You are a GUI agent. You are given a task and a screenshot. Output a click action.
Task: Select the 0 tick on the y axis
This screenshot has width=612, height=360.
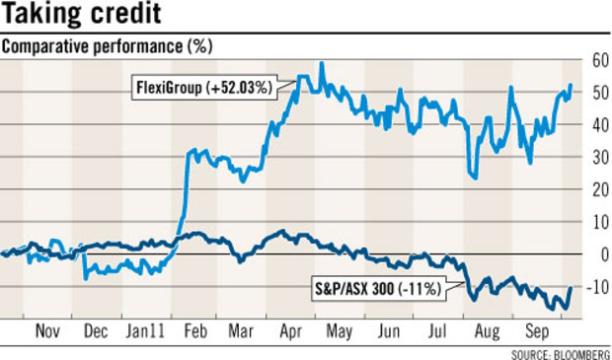coord(599,254)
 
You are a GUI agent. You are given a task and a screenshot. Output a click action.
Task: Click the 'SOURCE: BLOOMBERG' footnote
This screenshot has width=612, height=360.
coord(561,352)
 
